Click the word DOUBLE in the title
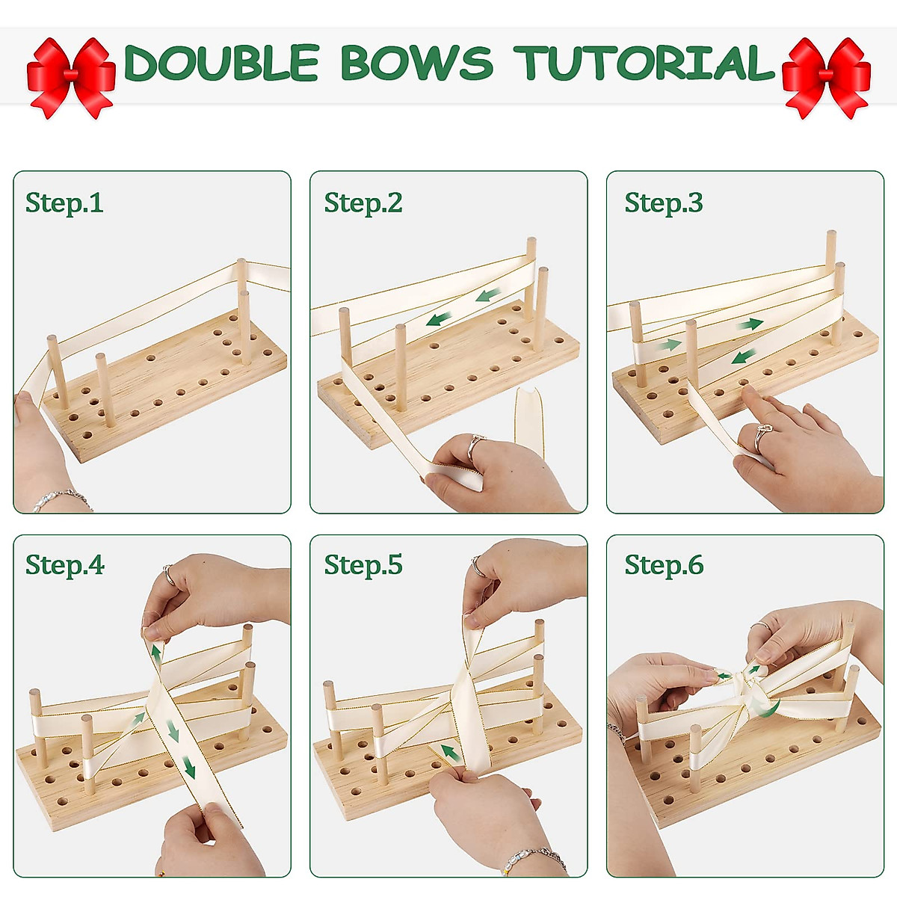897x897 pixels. (x=221, y=63)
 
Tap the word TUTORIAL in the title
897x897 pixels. (x=644, y=63)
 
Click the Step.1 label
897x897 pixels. (x=64, y=203)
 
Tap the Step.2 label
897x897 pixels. (x=363, y=203)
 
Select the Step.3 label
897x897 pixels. (x=664, y=203)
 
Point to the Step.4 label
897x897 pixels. (x=65, y=565)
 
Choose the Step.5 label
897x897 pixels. (x=363, y=565)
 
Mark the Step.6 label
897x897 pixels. (x=664, y=565)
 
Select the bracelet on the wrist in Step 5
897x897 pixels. (x=532, y=858)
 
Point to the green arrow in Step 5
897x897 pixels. (x=449, y=751)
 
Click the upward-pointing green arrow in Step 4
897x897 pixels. (x=155, y=653)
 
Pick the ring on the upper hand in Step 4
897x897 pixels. (x=169, y=575)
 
